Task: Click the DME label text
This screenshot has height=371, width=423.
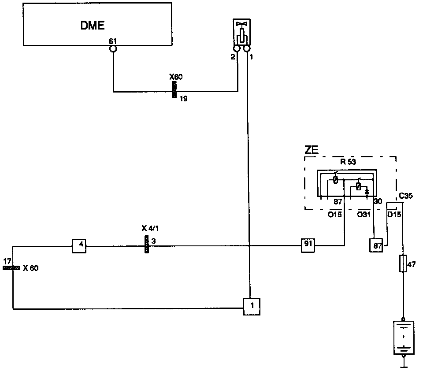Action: (92, 25)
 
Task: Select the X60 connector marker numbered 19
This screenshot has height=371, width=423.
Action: (174, 90)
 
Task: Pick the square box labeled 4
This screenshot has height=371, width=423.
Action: (79, 245)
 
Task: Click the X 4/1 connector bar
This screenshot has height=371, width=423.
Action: (146, 244)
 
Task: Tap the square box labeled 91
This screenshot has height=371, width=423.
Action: (308, 245)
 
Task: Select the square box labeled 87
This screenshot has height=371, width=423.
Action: (376, 245)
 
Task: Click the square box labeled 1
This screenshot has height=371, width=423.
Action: (251, 305)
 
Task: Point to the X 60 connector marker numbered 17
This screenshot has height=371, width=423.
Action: (11, 267)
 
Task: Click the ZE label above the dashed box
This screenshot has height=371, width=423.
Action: (311, 150)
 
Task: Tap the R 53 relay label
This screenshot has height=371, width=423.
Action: (348, 161)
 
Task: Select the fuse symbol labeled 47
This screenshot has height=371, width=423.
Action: (403, 263)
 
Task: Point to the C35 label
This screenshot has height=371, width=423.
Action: (405, 196)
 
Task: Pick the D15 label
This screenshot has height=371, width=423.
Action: (394, 214)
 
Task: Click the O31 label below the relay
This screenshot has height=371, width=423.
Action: (364, 214)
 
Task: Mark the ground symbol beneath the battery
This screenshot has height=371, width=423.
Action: (403, 363)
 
